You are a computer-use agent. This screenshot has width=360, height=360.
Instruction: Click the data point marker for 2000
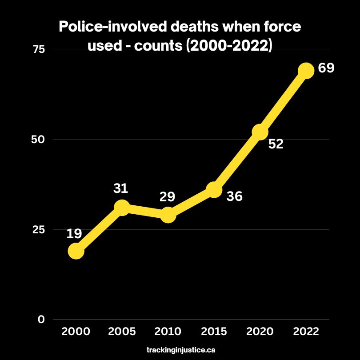click(76, 251)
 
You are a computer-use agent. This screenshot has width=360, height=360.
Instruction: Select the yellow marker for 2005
click(122, 208)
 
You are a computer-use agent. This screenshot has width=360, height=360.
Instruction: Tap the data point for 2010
click(168, 215)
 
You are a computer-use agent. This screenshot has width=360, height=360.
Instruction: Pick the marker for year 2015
click(214, 190)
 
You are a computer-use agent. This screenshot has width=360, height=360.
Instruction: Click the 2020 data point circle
click(260, 132)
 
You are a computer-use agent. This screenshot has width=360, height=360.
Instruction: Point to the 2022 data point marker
click(306, 70)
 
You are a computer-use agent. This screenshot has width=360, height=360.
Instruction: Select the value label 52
click(276, 144)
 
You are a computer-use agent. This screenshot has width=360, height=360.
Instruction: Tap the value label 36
click(234, 196)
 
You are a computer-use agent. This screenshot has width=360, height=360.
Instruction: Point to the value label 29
click(167, 196)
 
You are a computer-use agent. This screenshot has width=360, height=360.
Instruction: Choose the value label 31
click(120, 188)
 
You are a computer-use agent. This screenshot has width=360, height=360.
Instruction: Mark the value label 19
click(74, 234)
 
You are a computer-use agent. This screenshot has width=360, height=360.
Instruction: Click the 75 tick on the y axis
click(39, 49)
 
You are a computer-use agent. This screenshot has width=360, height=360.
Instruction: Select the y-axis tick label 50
click(39, 140)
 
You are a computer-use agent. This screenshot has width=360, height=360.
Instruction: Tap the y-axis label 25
click(39, 230)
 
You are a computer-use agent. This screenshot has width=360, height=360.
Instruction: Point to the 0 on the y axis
click(41, 320)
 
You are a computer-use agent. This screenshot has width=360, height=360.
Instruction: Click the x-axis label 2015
click(214, 332)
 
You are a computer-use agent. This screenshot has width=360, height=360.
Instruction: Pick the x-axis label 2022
click(306, 332)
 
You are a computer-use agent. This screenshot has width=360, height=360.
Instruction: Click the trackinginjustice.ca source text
click(181, 350)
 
